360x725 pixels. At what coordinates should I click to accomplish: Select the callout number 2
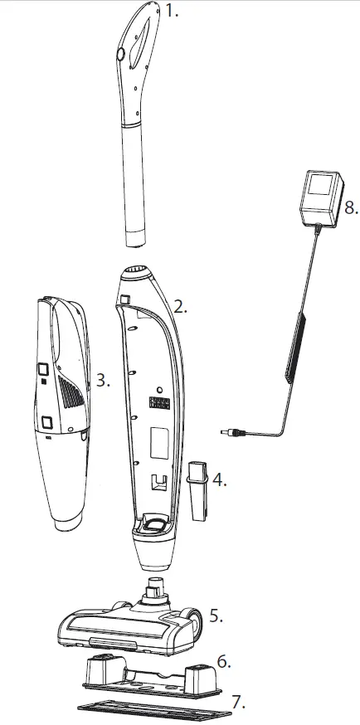pyautogui.click(x=181, y=306)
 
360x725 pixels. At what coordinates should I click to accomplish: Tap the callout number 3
pyautogui.click(x=102, y=381)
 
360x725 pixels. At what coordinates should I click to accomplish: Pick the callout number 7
pyautogui.click(x=239, y=702)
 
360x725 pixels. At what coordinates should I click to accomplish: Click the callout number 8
pyautogui.click(x=351, y=207)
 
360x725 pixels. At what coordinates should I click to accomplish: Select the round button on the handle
pyautogui.click(x=119, y=55)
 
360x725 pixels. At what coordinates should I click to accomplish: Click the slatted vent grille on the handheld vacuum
pyautogui.click(x=70, y=386)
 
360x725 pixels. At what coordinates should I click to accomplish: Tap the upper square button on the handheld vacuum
pyautogui.click(x=41, y=366)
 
